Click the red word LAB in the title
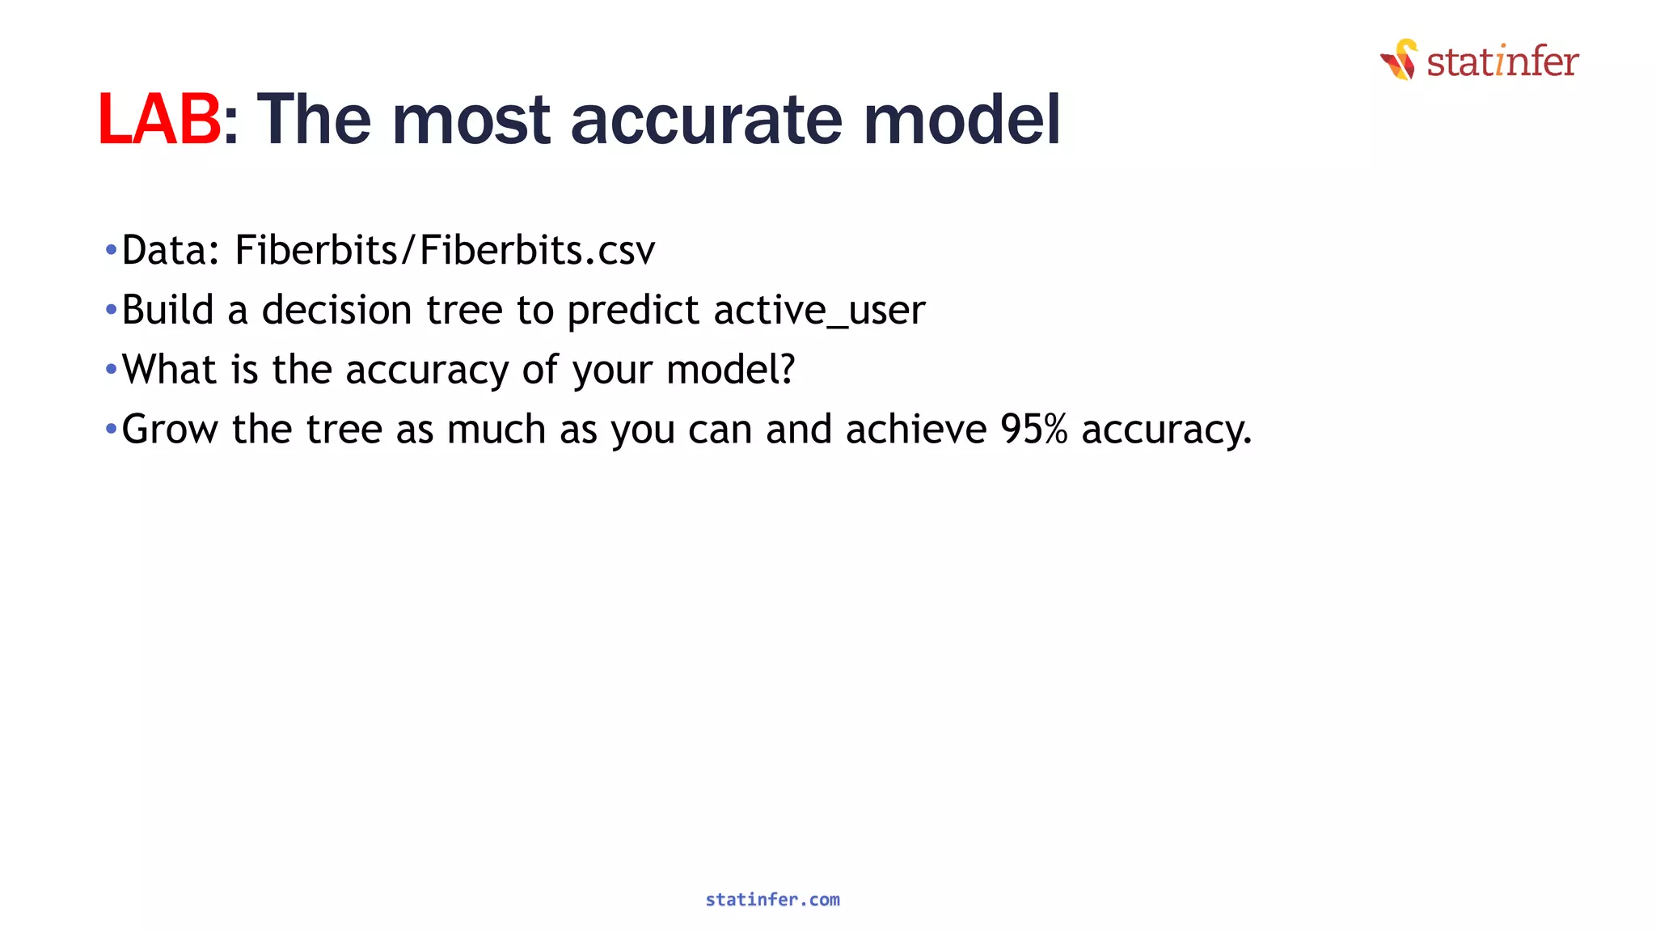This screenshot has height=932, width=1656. click(158, 120)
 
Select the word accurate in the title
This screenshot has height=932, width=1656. click(706, 120)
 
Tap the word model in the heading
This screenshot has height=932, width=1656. click(961, 120)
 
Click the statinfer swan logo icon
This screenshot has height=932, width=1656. click(1399, 60)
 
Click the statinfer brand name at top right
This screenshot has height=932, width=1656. click(1502, 62)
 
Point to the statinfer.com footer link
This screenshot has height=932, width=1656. click(772, 900)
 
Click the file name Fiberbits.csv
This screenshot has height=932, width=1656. click(537, 250)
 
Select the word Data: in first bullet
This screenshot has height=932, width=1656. click(171, 250)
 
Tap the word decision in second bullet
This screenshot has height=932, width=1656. click(336, 310)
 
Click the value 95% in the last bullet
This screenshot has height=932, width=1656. click(1033, 429)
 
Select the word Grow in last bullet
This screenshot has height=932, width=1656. click(170, 429)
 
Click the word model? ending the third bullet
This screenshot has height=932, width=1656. click(730, 370)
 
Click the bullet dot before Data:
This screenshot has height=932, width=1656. click(112, 250)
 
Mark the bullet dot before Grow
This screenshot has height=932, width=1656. click(112, 429)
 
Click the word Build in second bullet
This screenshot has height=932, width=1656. click(167, 310)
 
